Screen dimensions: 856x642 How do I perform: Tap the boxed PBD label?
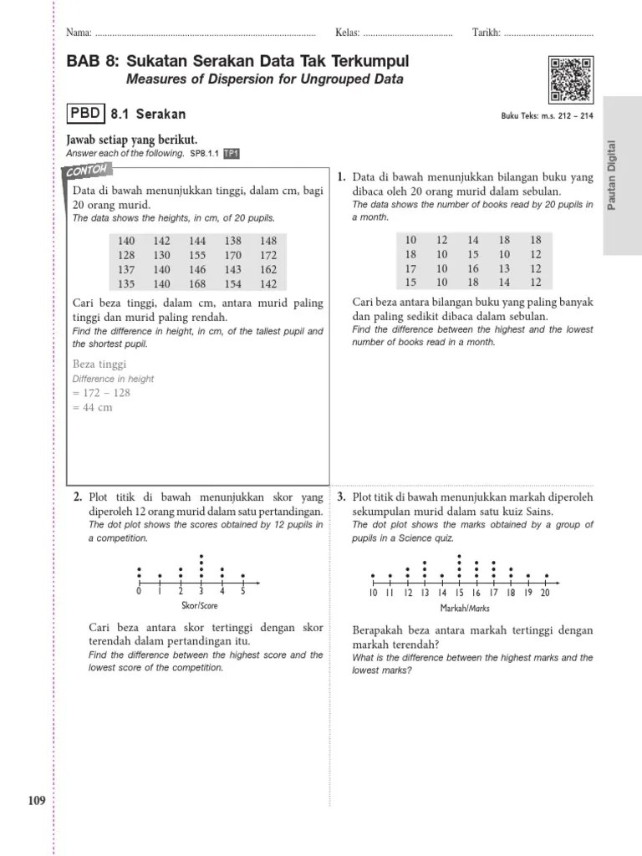point(86,114)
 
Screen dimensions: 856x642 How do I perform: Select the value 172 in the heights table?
point(267,255)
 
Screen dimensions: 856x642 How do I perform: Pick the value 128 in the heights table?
point(126,255)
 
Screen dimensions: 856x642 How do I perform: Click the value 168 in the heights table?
point(197,284)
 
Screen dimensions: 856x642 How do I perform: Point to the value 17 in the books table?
point(410,269)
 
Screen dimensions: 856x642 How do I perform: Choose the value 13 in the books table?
point(504,269)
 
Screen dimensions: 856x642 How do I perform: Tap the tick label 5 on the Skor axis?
point(242,592)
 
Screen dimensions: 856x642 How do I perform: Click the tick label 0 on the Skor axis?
point(139,592)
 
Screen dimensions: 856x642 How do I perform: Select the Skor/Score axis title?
point(198,605)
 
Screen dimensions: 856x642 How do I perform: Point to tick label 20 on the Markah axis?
point(545,593)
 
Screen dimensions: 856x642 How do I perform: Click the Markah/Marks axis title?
point(463,607)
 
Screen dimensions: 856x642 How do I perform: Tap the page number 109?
point(37,802)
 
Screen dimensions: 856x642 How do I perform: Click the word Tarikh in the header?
point(486,33)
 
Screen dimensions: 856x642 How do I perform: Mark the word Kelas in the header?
point(347,33)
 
